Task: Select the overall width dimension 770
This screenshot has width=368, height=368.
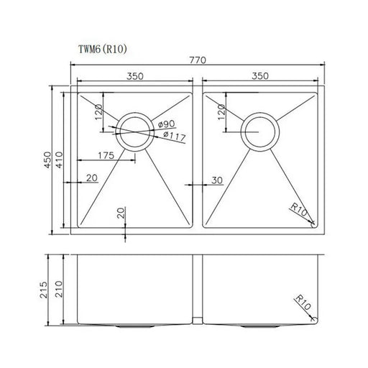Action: click(197, 61)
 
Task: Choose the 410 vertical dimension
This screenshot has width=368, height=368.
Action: click(62, 161)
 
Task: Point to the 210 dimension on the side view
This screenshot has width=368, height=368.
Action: click(63, 287)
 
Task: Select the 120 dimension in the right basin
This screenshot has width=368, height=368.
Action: click(221, 111)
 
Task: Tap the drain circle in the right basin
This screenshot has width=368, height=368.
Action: click(259, 130)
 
